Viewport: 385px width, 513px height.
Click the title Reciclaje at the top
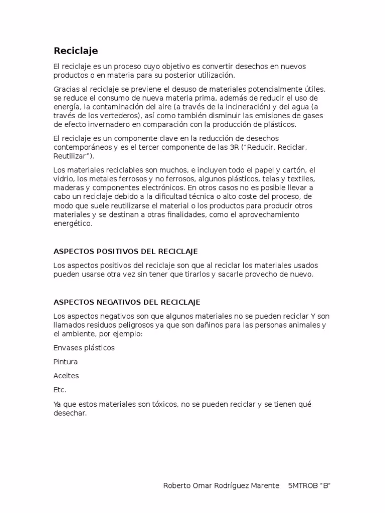pos(76,51)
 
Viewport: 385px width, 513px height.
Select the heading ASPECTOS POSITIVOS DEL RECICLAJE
pos(126,251)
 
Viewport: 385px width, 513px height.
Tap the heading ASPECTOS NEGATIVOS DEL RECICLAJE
pos(127,302)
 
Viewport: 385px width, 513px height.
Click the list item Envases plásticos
pos(84,348)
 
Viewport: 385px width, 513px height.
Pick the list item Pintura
pos(66,362)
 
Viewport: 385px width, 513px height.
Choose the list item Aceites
pos(66,376)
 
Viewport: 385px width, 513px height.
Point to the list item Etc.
pos(60,390)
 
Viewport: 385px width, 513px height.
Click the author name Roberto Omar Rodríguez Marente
pos(222,486)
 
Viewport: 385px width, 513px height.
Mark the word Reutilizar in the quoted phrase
pos(71,157)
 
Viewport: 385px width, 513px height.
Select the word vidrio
pos(63,179)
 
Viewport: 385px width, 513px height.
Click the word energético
pos(73,224)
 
